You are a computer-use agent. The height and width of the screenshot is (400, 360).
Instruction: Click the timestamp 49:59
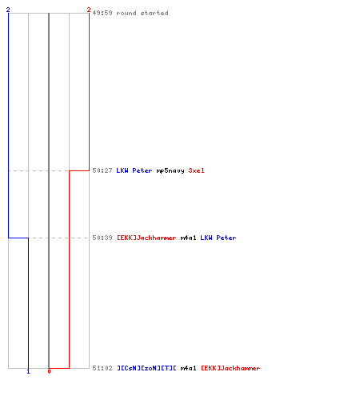click(x=102, y=13)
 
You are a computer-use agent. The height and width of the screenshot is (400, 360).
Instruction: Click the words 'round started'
click(x=142, y=13)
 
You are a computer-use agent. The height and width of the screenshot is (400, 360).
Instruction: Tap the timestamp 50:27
click(x=102, y=170)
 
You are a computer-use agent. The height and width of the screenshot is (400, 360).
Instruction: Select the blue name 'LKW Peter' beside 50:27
click(x=134, y=170)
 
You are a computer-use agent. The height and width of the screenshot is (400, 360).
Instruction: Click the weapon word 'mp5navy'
click(x=170, y=170)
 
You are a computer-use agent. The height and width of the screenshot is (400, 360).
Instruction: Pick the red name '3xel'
click(x=196, y=170)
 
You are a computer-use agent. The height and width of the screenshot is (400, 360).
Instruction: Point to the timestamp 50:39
click(x=102, y=238)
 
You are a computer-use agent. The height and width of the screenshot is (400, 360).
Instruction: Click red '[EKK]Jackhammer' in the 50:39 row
click(x=146, y=238)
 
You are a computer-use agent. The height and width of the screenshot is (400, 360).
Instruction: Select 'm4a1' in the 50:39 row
click(x=188, y=238)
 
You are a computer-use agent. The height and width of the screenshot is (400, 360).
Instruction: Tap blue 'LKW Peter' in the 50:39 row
click(x=218, y=238)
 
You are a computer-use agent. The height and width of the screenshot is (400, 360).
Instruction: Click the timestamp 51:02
click(x=102, y=368)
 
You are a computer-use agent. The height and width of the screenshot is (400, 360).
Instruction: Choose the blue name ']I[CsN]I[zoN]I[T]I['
click(x=146, y=368)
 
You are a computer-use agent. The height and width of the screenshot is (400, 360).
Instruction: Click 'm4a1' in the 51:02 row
click(x=188, y=368)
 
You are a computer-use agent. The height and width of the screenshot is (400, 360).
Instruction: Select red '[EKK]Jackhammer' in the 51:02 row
click(x=230, y=368)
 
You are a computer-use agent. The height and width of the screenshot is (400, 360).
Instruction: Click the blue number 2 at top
click(x=8, y=10)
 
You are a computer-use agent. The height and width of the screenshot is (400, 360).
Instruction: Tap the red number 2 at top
click(x=89, y=10)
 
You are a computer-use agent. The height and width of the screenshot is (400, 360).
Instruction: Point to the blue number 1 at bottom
click(x=28, y=371)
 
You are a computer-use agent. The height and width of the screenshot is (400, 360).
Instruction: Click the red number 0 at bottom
click(x=49, y=371)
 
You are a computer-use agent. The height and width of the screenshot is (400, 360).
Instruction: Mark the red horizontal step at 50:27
click(x=79, y=170)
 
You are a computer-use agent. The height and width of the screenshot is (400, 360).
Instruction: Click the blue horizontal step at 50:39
click(x=18, y=238)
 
